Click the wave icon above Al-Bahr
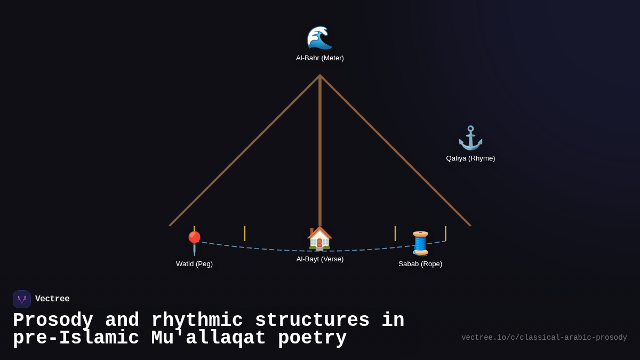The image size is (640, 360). point(319,37)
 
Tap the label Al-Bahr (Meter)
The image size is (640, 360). point(320,58)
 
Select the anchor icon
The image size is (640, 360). point(470,138)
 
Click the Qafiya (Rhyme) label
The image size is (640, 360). point(470,158)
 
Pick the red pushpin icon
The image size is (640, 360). point(194,243)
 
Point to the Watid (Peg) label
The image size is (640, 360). point(194,264)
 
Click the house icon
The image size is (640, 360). point(319,238)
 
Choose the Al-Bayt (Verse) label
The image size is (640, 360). point(320,259)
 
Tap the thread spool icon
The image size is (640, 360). point(420,243)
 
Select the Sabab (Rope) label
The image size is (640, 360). point(420,264)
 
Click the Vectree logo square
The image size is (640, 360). point(22,299)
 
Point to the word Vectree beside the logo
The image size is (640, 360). point(52,299)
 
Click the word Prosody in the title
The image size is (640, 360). point(53,321)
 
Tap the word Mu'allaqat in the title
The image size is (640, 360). point(209,338)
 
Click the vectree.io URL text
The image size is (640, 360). point(544,338)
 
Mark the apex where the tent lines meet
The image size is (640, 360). point(320,76)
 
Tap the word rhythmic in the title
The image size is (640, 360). point(196,321)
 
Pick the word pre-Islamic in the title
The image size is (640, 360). point(76,338)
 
